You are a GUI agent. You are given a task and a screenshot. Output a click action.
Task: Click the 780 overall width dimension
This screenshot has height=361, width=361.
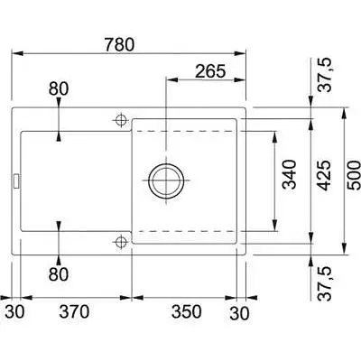point(119,44)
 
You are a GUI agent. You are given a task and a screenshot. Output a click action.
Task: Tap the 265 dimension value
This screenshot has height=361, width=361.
point(210,71)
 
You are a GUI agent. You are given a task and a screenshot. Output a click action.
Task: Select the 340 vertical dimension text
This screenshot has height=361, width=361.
point(290,174)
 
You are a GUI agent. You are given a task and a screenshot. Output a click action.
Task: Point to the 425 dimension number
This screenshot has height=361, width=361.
point(324,175)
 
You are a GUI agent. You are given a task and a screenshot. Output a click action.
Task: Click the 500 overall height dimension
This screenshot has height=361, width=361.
point(354,175)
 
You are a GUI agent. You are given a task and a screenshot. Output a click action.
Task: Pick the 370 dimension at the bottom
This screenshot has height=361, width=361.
point(74,311)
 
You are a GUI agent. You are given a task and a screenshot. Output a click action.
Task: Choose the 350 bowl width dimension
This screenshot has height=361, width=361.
point(187,311)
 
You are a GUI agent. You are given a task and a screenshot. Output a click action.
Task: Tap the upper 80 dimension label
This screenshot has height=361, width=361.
point(59,88)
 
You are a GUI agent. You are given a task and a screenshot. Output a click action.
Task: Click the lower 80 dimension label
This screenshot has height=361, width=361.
point(59,274)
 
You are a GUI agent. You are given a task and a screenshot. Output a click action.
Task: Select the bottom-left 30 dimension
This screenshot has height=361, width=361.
point(14,311)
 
